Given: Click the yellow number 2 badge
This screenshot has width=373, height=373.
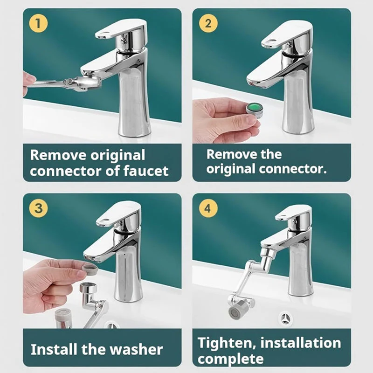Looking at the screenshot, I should coord(208,23).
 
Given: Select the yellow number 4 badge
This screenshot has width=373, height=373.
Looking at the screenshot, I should coord(208,208).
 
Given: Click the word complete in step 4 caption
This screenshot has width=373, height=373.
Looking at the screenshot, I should coord(230,359).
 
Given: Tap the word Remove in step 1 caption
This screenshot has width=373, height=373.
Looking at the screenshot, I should coord(59,155).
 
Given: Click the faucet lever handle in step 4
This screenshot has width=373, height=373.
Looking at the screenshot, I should coord(293,213).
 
